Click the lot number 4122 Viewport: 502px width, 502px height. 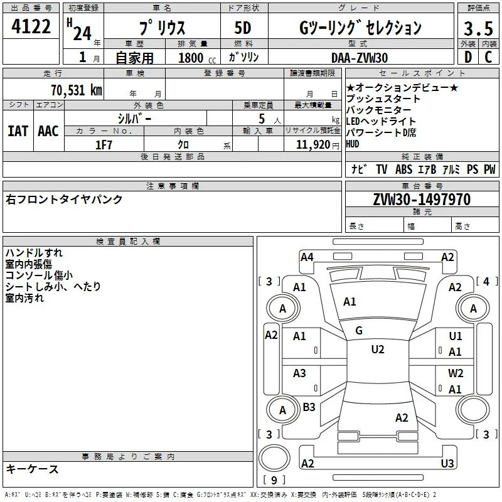point(31,26)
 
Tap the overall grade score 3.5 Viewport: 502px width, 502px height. point(478,28)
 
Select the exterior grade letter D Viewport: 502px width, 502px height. point(468,57)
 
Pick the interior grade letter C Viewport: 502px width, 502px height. point(488,57)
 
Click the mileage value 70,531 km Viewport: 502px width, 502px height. point(77,90)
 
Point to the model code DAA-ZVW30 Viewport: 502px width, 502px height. point(360,58)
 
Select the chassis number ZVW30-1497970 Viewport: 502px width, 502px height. point(422,200)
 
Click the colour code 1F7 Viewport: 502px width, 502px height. point(104,145)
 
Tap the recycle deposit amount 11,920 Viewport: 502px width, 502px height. point(313,145)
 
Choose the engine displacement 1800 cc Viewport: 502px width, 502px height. point(197,58)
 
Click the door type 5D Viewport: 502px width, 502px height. point(243,28)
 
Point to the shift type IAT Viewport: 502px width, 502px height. point(18,131)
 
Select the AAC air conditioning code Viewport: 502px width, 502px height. point(48,131)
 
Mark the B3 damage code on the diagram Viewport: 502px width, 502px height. point(309,407)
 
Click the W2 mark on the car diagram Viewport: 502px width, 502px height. point(456,373)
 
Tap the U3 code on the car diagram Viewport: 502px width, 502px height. point(447,463)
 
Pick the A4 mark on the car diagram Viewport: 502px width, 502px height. point(307,257)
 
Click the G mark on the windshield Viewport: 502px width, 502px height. point(359,331)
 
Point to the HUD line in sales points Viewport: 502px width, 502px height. point(353,144)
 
